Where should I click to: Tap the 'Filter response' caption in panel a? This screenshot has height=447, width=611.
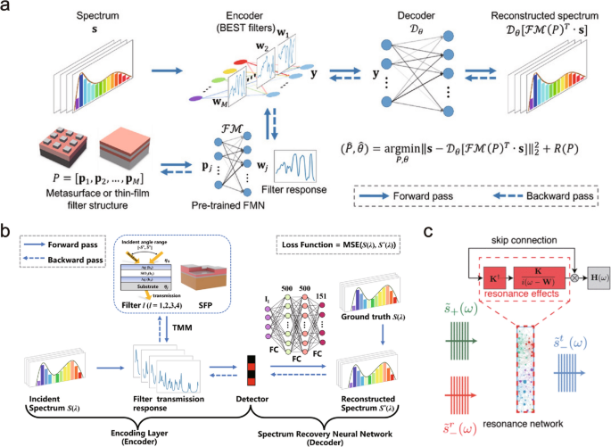(300, 196)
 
